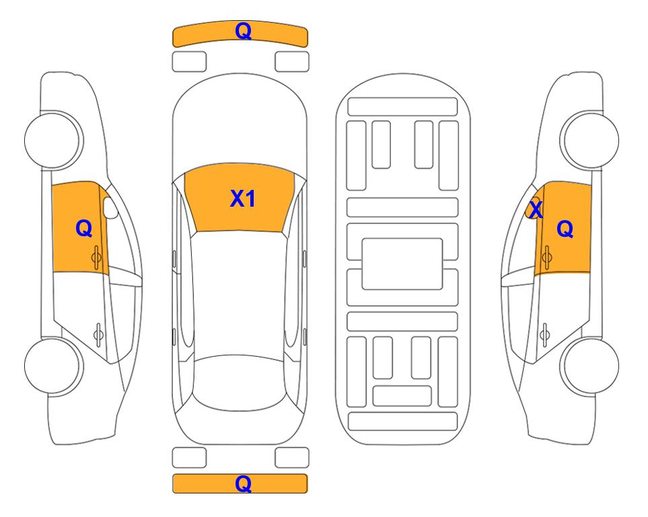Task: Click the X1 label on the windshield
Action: (x=243, y=199)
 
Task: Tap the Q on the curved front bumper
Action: (x=243, y=30)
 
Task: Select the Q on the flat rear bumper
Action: (x=243, y=483)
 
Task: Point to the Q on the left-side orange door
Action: (x=84, y=228)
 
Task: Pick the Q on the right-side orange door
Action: (x=565, y=229)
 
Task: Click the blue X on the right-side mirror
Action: (x=536, y=209)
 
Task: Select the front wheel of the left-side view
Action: (x=53, y=140)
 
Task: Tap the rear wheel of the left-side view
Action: (x=53, y=366)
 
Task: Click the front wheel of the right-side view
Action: (x=589, y=140)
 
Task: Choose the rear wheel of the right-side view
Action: (x=589, y=366)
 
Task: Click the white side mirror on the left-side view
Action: (x=110, y=207)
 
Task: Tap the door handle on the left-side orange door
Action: (x=97, y=257)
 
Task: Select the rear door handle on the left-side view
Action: (x=98, y=335)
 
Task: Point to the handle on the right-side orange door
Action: (x=546, y=257)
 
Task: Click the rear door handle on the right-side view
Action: (x=544, y=335)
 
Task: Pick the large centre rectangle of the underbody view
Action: (x=402, y=264)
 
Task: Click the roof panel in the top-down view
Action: (x=239, y=293)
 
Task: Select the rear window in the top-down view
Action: (x=240, y=383)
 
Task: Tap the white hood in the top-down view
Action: (x=240, y=124)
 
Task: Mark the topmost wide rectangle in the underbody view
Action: (x=402, y=107)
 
